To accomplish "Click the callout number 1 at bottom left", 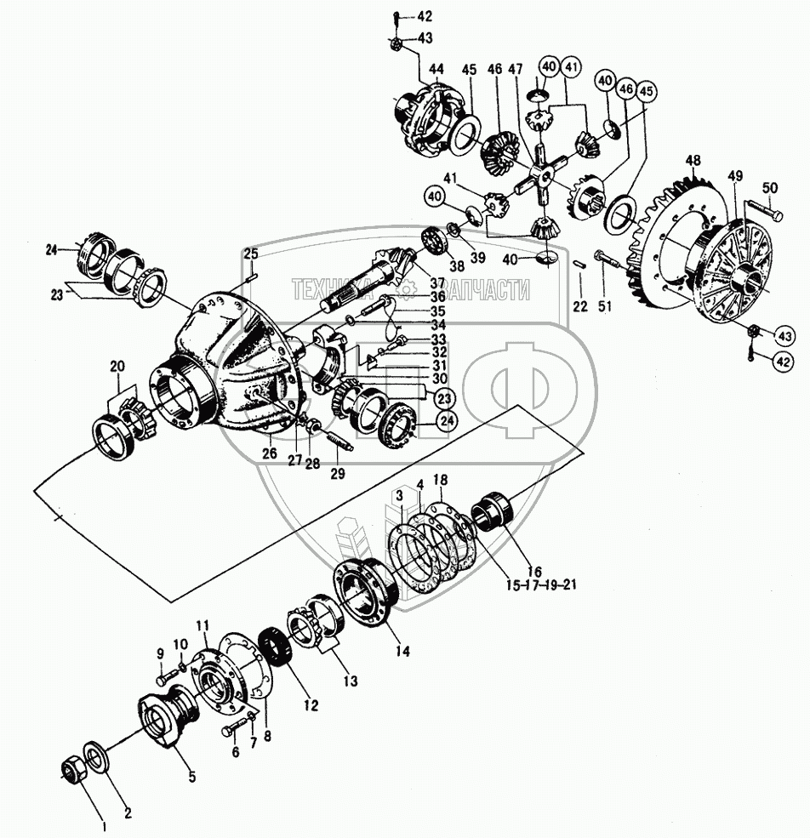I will point(105,824).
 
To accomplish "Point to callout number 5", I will point(191,776).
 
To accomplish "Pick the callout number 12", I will point(311,705).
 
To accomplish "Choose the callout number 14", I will point(402,652).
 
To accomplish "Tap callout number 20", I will point(117,366).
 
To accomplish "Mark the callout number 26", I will point(269,453).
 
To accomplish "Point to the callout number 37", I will point(414,282).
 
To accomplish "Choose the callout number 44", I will point(436,68).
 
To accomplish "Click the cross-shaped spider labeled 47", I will point(538,173).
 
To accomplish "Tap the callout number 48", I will point(693,161).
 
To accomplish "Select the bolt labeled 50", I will point(761,208).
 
